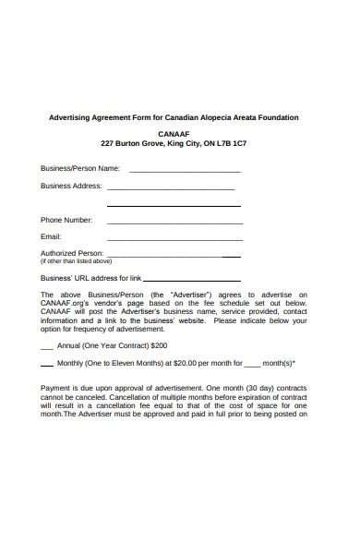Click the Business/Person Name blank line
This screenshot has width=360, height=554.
[185, 172]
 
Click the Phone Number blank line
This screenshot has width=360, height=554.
[174, 223]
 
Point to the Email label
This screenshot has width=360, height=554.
[51, 237]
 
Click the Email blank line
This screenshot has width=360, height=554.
[174, 240]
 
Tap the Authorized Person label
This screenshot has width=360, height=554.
[72, 253]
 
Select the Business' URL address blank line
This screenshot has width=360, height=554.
[192, 280]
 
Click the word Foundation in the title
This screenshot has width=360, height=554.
[277, 117]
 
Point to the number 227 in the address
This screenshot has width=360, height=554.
[108, 145]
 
